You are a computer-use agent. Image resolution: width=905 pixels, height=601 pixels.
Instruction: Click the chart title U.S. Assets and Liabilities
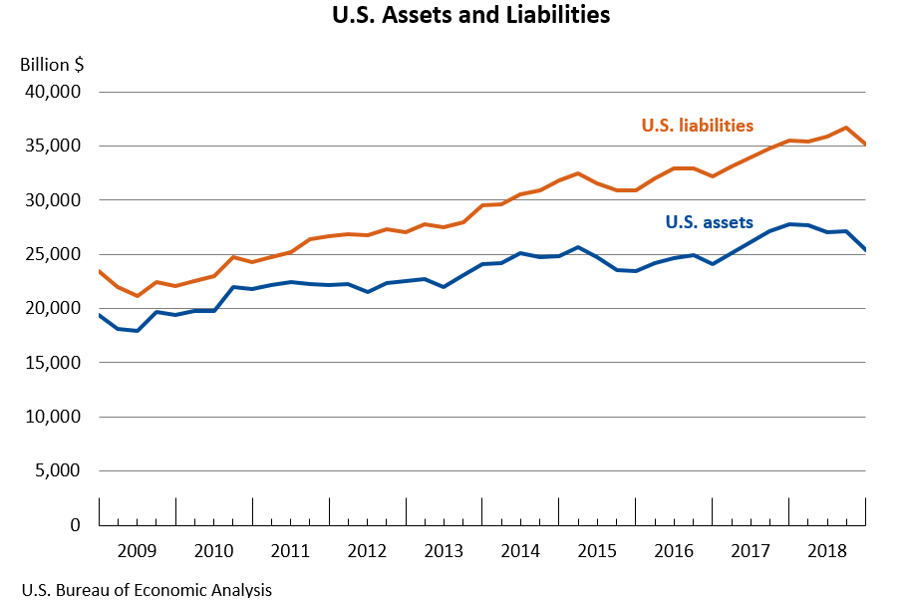click(470, 16)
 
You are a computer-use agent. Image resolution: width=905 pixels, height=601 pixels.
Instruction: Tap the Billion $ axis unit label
click(52, 65)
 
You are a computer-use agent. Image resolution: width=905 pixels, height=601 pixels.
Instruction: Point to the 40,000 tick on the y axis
click(52, 93)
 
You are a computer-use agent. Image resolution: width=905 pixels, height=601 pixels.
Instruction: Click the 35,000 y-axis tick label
click(52, 147)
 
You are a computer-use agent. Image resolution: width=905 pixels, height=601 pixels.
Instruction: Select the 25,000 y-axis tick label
click(52, 254)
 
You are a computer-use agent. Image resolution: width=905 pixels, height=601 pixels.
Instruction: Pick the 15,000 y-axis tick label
click(52, 363)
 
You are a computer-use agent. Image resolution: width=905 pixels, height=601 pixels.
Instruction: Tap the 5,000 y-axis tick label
click(57, 470)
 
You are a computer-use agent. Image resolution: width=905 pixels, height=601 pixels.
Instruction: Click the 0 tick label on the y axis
click(75, 525)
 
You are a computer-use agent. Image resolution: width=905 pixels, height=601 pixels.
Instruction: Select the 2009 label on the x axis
click(138, 550)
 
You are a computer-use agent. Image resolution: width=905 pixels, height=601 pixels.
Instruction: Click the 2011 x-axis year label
click(291, 550)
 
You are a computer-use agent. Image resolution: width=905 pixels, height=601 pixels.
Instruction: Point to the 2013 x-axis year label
click(444, 550)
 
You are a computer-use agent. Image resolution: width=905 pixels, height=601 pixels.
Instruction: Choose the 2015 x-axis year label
click(597, 550)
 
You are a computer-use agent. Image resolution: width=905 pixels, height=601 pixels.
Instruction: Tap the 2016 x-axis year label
click(674, 550)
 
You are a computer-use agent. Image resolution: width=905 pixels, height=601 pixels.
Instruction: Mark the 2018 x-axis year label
click(827, 550)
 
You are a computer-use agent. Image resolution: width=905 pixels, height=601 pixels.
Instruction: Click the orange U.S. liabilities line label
click(697, 126)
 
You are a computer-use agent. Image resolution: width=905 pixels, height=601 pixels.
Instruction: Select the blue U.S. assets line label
click(709, 222)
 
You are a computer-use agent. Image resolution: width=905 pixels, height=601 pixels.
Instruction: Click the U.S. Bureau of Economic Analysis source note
click(146, 590)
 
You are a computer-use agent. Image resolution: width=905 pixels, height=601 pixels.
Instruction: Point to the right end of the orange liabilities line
click(864, 145)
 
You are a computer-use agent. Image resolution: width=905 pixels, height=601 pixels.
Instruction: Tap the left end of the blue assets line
click(100, 315)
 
